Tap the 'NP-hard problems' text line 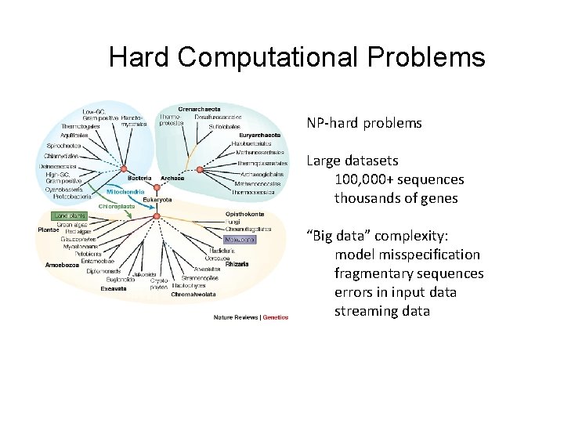364,123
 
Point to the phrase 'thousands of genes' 396,198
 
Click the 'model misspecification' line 407,255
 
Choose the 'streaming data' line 382,311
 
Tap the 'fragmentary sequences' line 409,273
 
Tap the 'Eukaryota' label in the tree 157,200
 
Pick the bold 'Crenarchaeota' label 200,109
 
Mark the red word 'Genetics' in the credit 275,317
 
